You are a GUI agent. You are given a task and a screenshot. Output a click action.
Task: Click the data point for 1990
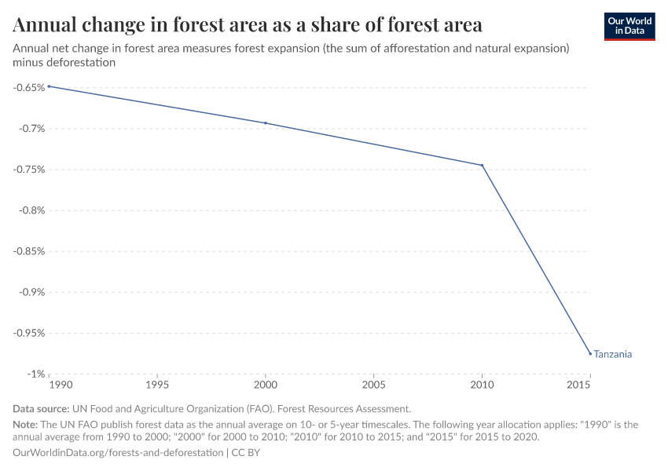[49, 86]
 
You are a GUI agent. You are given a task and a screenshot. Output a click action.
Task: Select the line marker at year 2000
[266, 123]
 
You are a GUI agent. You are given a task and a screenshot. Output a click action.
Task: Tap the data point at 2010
[482, 165]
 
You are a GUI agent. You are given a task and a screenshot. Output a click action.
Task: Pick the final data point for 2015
[590, 353]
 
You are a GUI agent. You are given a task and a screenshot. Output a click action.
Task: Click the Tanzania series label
[613, 354]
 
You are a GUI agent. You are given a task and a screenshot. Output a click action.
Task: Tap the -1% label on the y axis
[34, 374]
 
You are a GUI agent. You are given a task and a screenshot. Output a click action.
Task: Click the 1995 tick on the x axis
[157, 386]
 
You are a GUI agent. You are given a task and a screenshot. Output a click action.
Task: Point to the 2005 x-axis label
[373, 386]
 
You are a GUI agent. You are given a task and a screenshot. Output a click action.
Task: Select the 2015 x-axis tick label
[578, 386]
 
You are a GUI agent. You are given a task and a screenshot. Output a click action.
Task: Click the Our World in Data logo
[629, 26]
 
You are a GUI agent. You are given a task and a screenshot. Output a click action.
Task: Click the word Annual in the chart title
[48, 25]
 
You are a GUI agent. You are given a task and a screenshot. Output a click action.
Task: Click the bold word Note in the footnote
[26, 424]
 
